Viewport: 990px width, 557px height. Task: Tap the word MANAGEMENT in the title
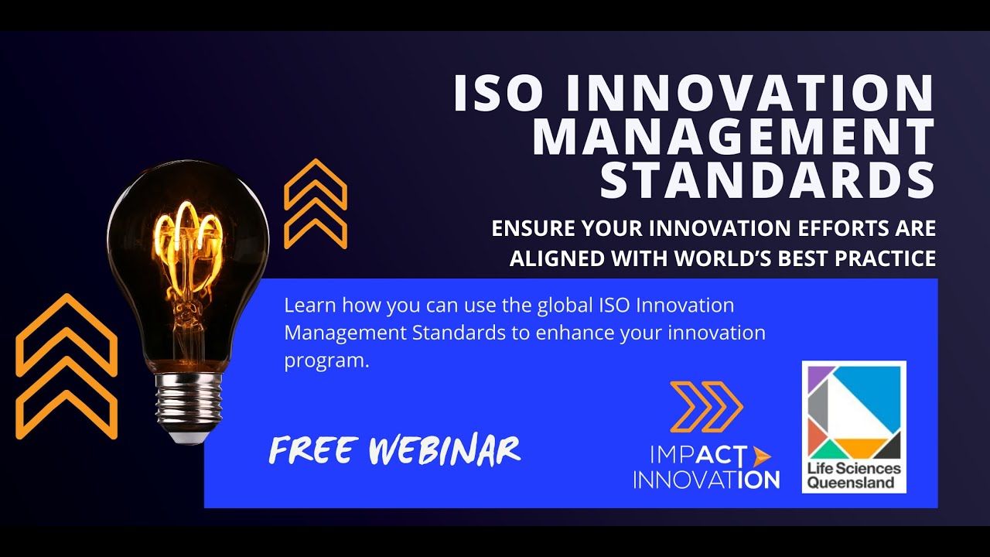[x=734, y=137]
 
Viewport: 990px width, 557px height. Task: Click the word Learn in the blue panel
[x=309, y=305]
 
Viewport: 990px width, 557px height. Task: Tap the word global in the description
[x=565, y=305]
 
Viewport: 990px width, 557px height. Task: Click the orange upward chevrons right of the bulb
[x=316, y=204]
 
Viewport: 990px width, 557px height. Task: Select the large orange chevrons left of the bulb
[x=67, y=366]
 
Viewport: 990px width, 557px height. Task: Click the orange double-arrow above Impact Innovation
[x=705, y=406]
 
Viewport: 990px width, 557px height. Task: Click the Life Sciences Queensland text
[x=854, y=476]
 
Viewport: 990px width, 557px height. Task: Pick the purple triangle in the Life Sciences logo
[x=817, y=374]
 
